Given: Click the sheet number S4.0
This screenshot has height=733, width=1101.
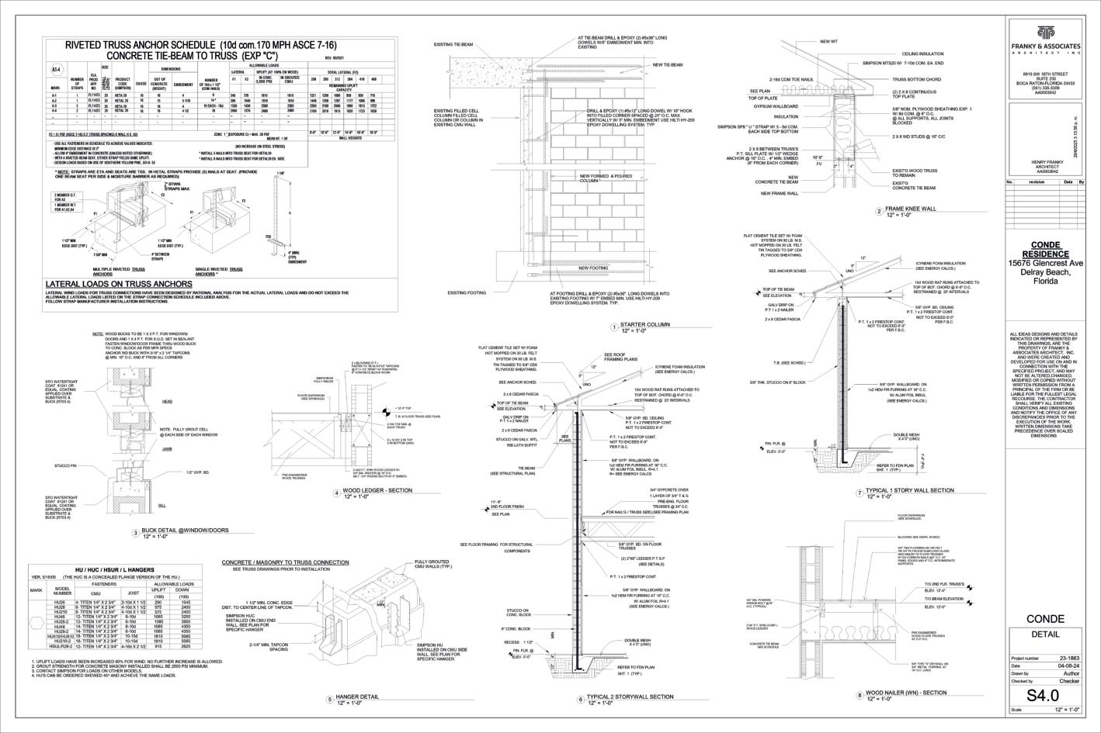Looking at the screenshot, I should coord(1052,695).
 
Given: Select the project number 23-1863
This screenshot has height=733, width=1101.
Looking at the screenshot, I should coord(1067,658).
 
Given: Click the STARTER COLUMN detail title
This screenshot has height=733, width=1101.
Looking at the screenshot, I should coord(645,325).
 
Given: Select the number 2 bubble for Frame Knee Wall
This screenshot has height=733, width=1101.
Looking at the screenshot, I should coord(878,211).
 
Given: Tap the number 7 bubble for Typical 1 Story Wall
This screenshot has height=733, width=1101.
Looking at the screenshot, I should coord(860,493).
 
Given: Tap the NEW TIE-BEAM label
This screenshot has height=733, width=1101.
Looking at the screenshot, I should coord(668,65).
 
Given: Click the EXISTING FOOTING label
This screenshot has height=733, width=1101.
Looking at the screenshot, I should coord(467,292).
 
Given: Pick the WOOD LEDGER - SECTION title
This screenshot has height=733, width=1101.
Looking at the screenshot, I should coord(377,491).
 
